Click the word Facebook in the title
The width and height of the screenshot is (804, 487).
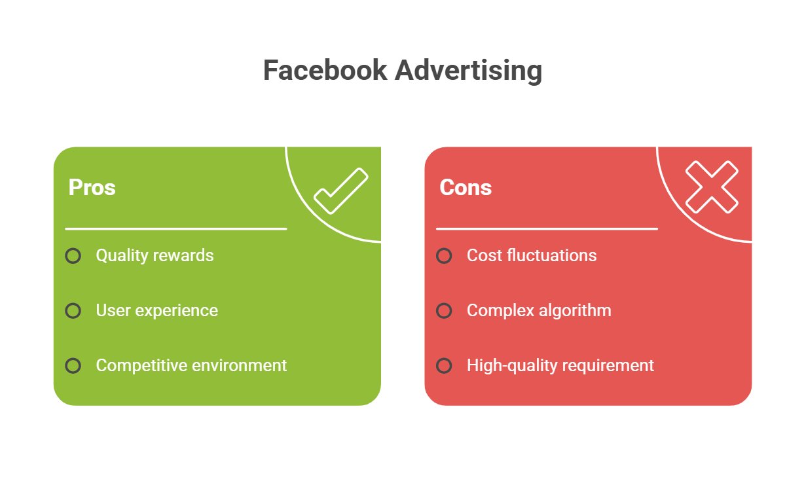pyautogui.click(x=325, y=70)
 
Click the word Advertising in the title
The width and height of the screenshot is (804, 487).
pyautogui.click(x=468, y=70)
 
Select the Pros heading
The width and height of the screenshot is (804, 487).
pyautogui.click(x=92, y=187)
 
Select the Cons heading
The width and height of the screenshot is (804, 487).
pyautogui.click(x=466, y=187)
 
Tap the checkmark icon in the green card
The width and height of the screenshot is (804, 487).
pyautogui.click(x=340, y=190)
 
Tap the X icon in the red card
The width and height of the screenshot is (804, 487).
pyautogui.click(x=711, y=187)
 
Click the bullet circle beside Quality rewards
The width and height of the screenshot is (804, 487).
pyautogui.click(x=73, y=255)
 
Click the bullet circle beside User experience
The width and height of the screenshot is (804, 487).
pyautogui.click(x=73, y=310)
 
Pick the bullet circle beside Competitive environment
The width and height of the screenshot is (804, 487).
pyautogui.click(x=73, y=365)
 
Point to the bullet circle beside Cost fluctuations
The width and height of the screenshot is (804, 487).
pyautogui.click(x=444, y=255)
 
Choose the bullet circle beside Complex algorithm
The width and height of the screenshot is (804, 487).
pyautogui.click(x=444, y=310)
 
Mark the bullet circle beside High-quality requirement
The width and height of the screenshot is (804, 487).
pyautogui.click(x=444, y=365)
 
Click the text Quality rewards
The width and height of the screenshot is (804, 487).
pyautogui.click(x=155, y=255)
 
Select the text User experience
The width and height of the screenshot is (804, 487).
pyautogui.click(x=156, y=310)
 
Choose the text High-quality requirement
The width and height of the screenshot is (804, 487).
pyautogui.click(x=560, y=365)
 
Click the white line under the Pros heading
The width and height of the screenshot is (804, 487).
pyautogui.click(x=175, y=229)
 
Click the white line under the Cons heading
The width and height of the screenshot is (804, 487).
pyautogui.click(x=547, y=229)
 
